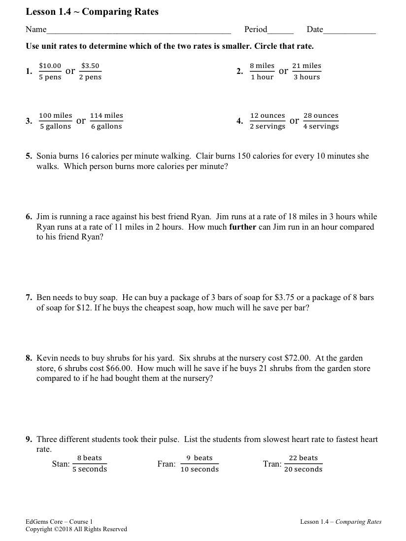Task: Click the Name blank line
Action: pyautogui.click(x=138, y=31)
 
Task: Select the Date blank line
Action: pyautogui.click(x=349, y=31)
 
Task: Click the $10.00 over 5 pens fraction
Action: pyautogui.click(x=50, y=71)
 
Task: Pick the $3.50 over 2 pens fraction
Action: pyautogui.click(x=90, y=71)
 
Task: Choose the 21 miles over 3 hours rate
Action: pyautogui.click(x=306, y=71)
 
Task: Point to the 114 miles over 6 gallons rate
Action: pyautogui.click(x=106, y=121)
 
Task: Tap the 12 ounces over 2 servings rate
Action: pyautogui.click(x=268, y=121)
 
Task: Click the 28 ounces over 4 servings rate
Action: pyautogui.click(x=321, y=121)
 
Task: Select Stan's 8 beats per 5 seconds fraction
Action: pyautogui.click(x=90, y=464)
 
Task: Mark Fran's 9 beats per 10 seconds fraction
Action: pyautogui.click(x=200, y=464)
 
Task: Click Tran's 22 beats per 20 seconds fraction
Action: pyautogui.click(x=303, y=464)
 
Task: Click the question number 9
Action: pyautogui.click(x=29, y=440)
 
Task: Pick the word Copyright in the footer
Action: pyautogui.click(x=39, y=529)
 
